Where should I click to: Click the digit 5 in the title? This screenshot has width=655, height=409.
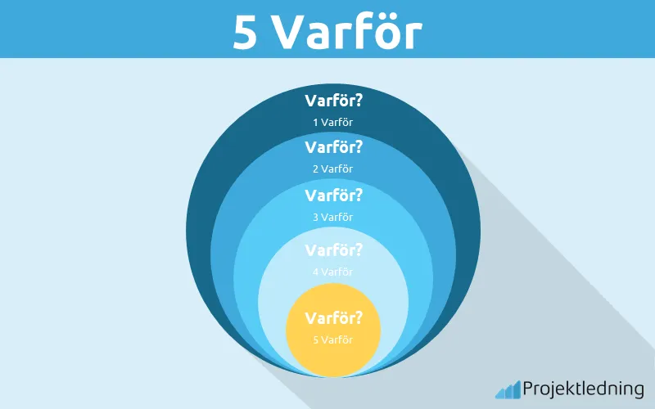click(x=246, y=32)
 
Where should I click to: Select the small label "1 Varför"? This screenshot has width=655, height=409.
click(x=332, y=123)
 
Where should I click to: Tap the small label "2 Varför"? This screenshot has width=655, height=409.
click(x=332, y=169)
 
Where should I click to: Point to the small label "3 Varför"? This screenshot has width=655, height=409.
click(x=332, y=217)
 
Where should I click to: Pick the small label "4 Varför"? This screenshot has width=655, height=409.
click(x=332, y=272)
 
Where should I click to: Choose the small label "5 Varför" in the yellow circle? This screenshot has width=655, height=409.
click(x=332, y=339)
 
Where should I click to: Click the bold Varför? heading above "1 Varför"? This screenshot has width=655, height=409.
click(x=332, y=101)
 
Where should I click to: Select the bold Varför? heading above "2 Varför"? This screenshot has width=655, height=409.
click(x=332, y=148)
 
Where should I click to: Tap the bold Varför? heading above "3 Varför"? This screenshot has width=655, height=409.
click(x=332, y=196)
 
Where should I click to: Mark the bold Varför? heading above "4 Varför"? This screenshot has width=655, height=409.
click(x=332, y=250)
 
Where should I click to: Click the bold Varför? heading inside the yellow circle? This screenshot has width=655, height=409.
click(x=332, y=317)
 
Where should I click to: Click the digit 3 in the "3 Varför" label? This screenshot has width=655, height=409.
click(x=316, y=217)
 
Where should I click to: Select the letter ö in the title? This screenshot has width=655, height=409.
click(x=379, y=32)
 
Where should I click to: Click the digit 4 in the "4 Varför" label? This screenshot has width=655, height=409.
click(x=316, y=272)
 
